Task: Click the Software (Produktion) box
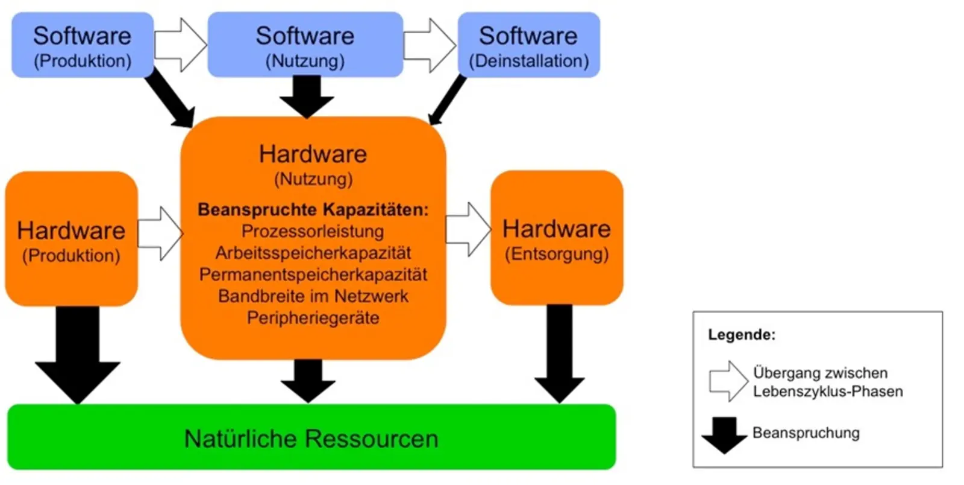tap(82, 45)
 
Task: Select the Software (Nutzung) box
tap(305, 45)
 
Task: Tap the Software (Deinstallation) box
tap(528, 45)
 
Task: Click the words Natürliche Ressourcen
tap(311, 439)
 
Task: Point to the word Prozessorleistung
tap(313, 231)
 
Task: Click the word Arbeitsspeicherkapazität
tap(313, 253)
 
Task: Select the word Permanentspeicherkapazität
tap(313, 274)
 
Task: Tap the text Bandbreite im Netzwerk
tap(313, 296)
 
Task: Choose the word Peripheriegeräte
tap(313, 318)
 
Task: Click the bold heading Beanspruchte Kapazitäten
tap(313, 209)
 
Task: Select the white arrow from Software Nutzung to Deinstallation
tap(430, 45)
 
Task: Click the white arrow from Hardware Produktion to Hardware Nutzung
tap(160, 233)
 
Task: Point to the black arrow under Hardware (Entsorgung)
tap(559, 356)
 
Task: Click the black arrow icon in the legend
tap(724, 434)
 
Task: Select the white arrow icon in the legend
tap(728, 381)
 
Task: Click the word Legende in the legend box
tap(741, 335)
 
